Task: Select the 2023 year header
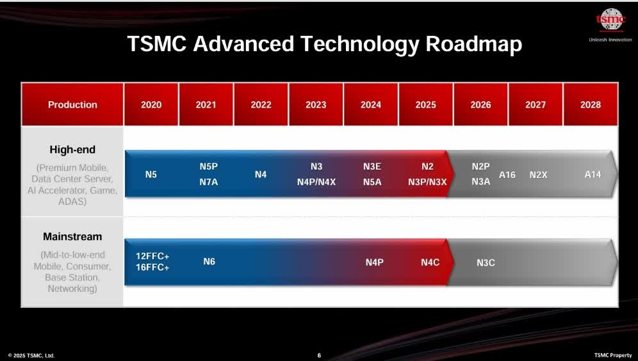tap(316, 105)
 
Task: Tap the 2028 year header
tap(590, 105)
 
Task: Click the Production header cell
tap(72, 105)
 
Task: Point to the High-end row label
tap(72, 150)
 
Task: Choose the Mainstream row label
tap(72, 237)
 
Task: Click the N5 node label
tap(151, 174)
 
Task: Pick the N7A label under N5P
tap(209, 182)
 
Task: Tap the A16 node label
tap(507, 175)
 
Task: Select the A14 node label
tap(593, 174)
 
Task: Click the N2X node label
tap(538, 175)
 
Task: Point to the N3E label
tap(372, 166)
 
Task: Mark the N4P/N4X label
tap(316, 182)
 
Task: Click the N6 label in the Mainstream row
tap(209, 261)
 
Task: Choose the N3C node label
tap(486, 262)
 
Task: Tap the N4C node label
tap(430, 262)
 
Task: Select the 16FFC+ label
tap(152, 268)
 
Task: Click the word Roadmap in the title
tap(474, 44)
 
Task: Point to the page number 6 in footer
tap(319, 355)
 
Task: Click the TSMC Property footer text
tap(612, 355)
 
